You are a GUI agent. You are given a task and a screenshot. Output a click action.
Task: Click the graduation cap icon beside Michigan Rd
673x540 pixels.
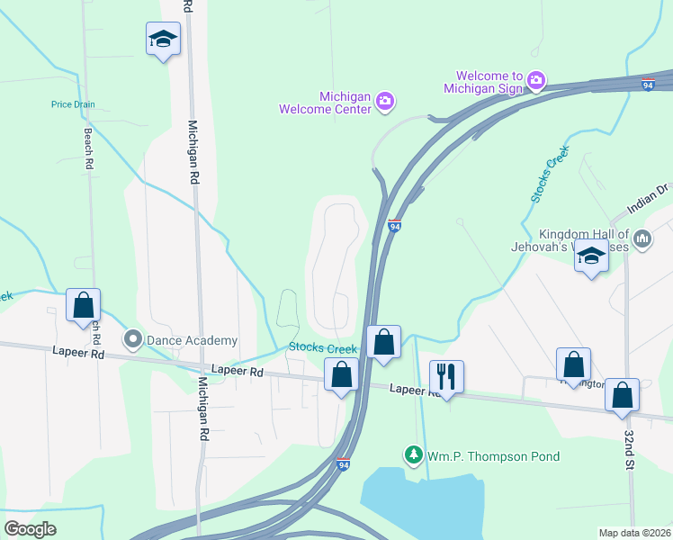point(163,39)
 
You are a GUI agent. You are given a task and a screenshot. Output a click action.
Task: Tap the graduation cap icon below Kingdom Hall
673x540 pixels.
point(591,256)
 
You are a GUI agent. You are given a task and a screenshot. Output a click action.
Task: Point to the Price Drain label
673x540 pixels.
point(73,104)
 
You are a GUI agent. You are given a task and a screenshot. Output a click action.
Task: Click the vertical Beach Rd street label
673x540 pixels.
point(88,148)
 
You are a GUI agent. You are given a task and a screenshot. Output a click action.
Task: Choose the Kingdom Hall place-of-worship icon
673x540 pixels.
point(642,238)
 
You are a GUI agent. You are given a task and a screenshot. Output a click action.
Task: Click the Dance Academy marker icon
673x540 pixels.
point(134,340)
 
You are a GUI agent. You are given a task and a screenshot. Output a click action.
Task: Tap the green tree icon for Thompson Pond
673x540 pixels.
point(414,455)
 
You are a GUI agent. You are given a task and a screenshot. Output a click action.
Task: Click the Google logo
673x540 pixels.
point(31,529)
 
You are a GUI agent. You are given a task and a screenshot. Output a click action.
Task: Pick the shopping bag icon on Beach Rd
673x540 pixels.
point(83,304)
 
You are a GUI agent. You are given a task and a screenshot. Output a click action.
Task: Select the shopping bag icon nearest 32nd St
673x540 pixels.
point(622,395)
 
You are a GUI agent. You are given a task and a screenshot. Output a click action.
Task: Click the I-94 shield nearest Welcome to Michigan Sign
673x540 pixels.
point(648,85)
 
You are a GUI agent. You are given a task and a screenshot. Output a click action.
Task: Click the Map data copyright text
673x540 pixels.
point(634,533)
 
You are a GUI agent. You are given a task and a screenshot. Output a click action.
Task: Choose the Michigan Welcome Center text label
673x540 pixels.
point(332,103)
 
